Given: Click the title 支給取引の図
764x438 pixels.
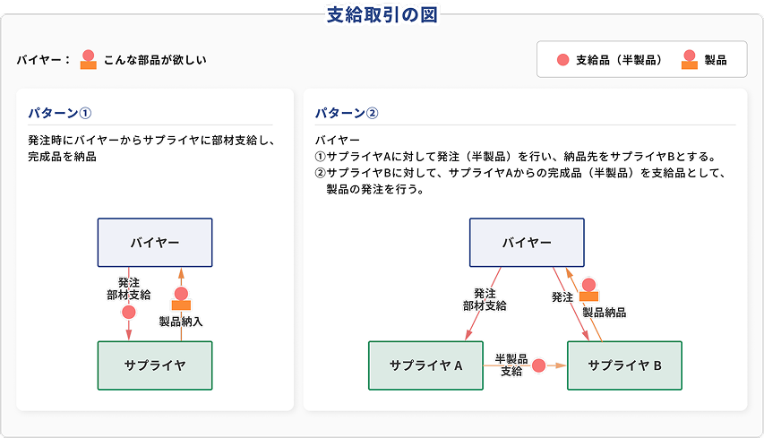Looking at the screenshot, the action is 382,15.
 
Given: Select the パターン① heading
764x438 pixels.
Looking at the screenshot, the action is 59,113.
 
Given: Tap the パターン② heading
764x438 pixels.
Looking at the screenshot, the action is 347,113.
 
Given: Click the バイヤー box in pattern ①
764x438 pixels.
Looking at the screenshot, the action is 155,243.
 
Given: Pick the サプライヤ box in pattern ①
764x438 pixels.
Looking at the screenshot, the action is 155,365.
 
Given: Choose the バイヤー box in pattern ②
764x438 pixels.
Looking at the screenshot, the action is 527,243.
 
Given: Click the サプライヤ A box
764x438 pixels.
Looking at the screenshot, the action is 425,365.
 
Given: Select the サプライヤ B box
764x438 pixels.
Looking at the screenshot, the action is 624,365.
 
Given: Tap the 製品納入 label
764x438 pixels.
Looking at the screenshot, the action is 181,322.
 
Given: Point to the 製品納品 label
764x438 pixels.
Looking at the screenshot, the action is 605,313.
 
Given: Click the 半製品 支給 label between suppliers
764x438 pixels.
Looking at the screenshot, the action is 511,365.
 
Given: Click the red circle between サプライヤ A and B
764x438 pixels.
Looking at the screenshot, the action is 538,365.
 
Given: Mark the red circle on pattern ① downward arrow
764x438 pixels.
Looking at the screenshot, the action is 129,313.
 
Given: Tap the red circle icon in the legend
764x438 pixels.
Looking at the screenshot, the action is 562,60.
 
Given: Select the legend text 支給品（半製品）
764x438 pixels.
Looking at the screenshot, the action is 619,60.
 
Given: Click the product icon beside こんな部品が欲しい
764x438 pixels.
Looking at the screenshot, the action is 88,59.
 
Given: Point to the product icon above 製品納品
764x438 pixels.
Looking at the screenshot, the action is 588,290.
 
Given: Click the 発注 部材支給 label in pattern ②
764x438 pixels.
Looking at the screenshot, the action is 485,300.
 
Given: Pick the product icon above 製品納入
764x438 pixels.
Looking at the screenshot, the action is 181,298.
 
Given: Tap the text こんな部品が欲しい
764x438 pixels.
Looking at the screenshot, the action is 155,60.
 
